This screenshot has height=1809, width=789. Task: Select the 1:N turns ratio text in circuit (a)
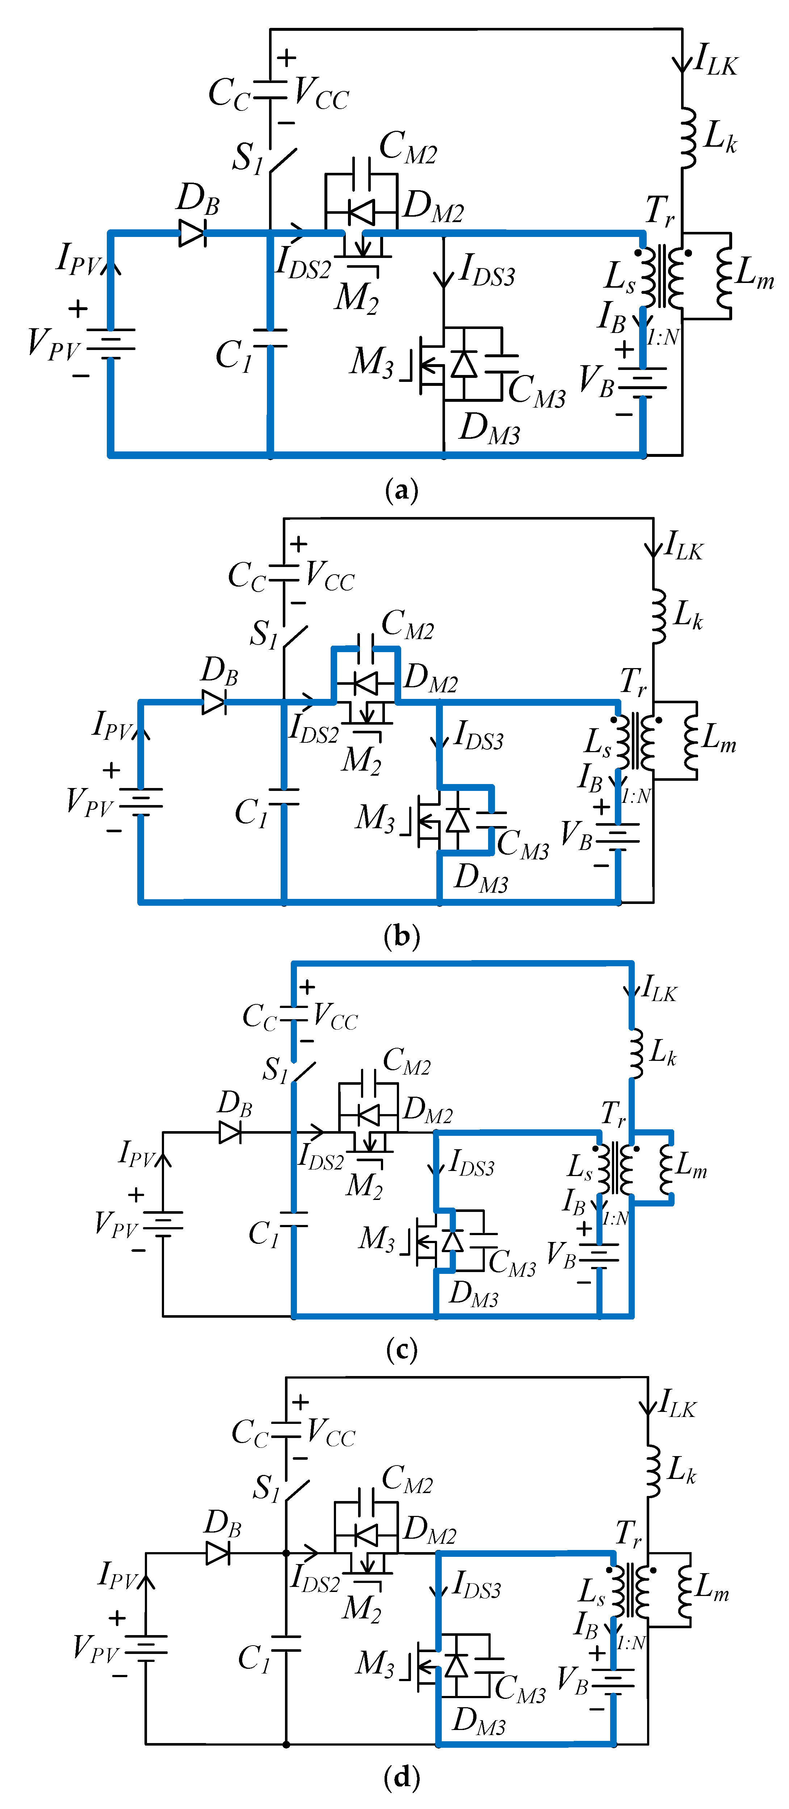[x=663, y=338]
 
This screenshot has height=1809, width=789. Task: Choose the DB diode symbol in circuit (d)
[x=218, y=1553]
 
